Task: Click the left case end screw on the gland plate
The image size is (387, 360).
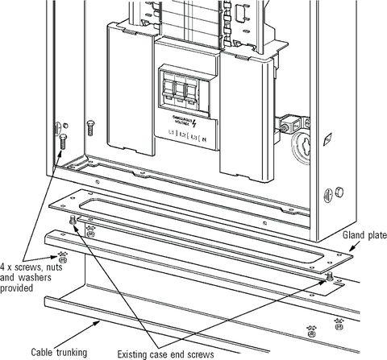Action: (x=75, y=219)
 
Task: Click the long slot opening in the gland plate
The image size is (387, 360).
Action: (x=202, y=237)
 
